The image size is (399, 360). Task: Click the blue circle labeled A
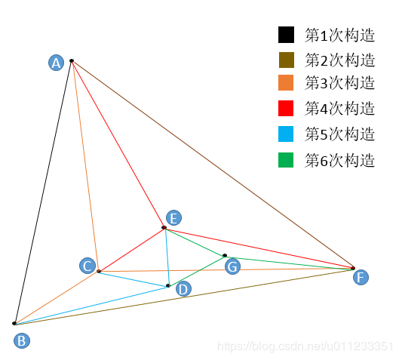click(x=56, y=63)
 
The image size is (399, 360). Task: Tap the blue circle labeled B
click(x=22, y=340)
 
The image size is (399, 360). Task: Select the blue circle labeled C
click(x=87, y=266)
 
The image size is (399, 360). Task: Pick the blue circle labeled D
click(x=183, y=289)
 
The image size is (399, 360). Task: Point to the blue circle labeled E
click(x=173, y=218)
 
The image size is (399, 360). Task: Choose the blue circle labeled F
click(x=361, y=277)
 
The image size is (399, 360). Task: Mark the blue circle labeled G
click(x=232, y=266)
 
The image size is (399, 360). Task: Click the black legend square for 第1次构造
click(x=286, y=35)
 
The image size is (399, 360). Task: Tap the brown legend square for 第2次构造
click(x=286, y=60)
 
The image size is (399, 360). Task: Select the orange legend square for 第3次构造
click(x=286, y=82)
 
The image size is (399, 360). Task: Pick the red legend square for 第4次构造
click(x=286, y=108)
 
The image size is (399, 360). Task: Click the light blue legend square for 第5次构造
click(x=286, y=134)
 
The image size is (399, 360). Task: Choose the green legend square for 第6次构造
click(x=286, y=160)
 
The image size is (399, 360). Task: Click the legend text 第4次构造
click(x=339, y=108)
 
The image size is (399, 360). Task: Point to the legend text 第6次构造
click(x=339, y=161)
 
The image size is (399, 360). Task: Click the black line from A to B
click(x=43, y=192)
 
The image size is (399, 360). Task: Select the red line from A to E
click(x=118, y=144)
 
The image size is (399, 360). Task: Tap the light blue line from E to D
click(x=167, y=257)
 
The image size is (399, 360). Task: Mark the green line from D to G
click(x=196, y=271)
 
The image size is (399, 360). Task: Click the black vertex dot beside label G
click(x=225, y=255)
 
